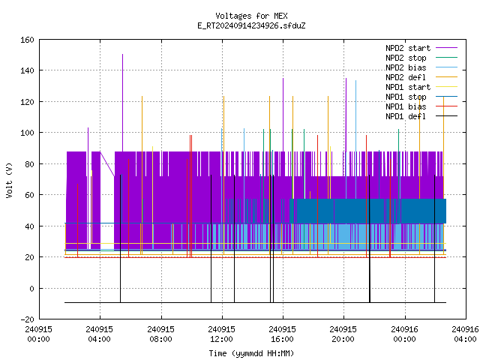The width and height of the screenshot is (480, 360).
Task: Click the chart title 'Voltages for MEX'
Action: tap(251, 16)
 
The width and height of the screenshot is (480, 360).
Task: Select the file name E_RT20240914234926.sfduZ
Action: tap(251, 25)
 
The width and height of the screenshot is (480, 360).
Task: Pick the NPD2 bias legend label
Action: tap(406, 67)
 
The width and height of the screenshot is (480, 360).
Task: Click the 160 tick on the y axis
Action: tap(27, 40)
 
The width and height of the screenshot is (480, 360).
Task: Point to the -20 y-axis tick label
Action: tap(27, 319)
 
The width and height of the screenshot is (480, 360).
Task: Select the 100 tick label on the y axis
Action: tap(27, 133)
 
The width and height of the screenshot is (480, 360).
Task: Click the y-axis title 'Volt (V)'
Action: tap(10, 181)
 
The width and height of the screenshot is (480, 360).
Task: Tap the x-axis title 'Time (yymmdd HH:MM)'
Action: tap(251, 353)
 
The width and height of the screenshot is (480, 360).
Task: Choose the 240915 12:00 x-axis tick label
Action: tap(222, 334)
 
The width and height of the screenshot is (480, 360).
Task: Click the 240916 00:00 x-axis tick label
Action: tap(405, 334)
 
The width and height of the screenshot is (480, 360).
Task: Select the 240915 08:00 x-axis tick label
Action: tap(161, 334)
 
